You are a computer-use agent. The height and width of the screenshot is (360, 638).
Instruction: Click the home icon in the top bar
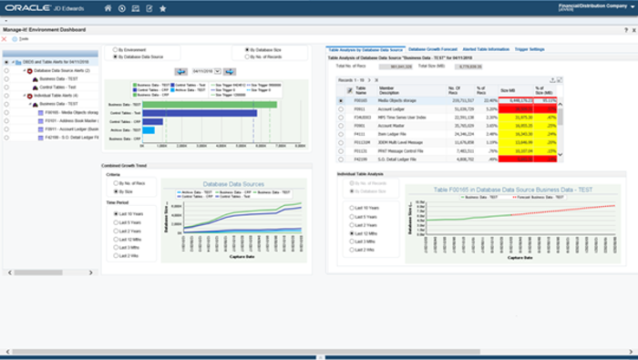(x=108, y=9)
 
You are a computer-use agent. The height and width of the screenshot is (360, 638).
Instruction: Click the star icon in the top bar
(x=162, y=9)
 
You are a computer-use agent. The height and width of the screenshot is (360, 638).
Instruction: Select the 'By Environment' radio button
(x=114, y=49)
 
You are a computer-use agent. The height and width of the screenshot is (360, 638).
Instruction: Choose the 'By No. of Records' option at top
(x=245, y=57)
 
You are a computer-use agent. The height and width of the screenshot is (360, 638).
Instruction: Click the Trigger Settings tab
(x=530, y=48)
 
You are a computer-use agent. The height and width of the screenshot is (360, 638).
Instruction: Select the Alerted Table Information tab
(x=486, y=48)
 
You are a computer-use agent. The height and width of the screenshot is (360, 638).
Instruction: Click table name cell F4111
(x=362, y=134)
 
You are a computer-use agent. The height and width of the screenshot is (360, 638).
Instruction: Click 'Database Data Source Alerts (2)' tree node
(x=62, y=70)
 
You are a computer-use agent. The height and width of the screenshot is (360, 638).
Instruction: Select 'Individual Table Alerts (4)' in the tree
(x=57, y=95)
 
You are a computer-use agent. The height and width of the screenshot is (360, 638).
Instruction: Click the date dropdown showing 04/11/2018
(x=204, y=70)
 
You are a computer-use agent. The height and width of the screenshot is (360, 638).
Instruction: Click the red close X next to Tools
(x=5, y=39)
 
